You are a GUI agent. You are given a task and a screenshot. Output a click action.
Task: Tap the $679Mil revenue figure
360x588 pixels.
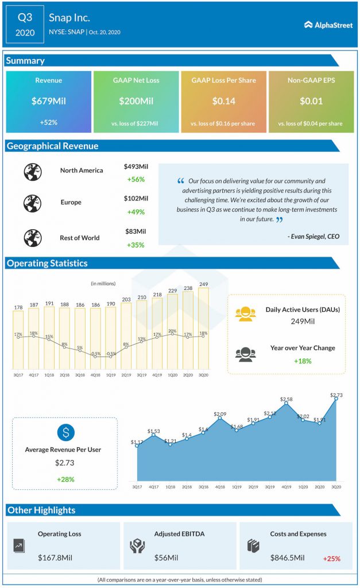click(x=48, y=101)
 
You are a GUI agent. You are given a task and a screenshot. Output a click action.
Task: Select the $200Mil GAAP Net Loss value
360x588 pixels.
click(x=136, y=101)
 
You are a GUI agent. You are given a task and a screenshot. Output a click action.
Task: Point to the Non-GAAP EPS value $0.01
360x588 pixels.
click(x=311, y=101)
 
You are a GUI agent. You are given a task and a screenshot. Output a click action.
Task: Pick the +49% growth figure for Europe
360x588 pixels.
click(x=136, y=212)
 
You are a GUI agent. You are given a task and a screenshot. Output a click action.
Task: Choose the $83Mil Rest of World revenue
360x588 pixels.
click(x=136, y=231)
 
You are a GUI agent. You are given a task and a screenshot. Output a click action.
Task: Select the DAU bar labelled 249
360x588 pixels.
click(x=203, y=327)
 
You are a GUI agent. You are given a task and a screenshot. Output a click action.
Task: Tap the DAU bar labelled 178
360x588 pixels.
click(x=18, y=339)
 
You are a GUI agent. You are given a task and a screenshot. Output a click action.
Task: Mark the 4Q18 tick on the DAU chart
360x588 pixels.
click(x=95, y=374)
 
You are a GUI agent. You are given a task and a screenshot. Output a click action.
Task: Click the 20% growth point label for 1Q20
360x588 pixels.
click(x=172, y=331)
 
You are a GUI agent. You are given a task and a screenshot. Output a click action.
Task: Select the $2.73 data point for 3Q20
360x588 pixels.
click(x=336, y=397)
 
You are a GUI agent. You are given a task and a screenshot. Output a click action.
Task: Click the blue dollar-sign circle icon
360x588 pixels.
click(x=65, y=432)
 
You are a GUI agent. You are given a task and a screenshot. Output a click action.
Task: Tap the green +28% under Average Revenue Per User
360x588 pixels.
click(x=65, y=479)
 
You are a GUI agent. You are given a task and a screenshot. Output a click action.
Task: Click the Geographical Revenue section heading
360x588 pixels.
click(x=52, y=146)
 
